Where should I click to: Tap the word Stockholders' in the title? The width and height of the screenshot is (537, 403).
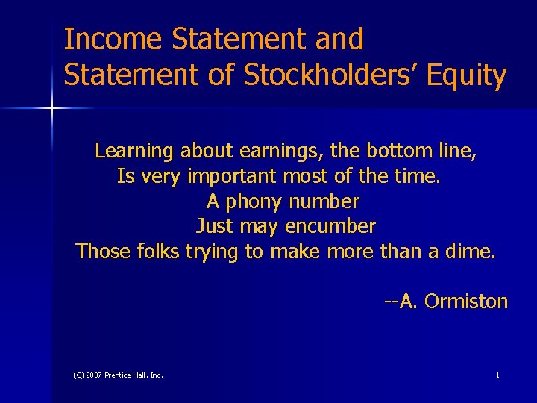coord(302,75)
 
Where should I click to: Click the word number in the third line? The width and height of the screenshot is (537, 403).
coord(324,201)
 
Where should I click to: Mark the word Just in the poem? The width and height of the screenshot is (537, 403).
coord(214,226)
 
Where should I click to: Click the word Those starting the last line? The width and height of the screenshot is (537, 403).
coord(104,252)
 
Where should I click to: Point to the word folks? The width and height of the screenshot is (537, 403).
coord(159,252)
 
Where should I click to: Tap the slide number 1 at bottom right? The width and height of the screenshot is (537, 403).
coord(497,375)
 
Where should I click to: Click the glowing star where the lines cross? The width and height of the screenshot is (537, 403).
coord(52,109)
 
